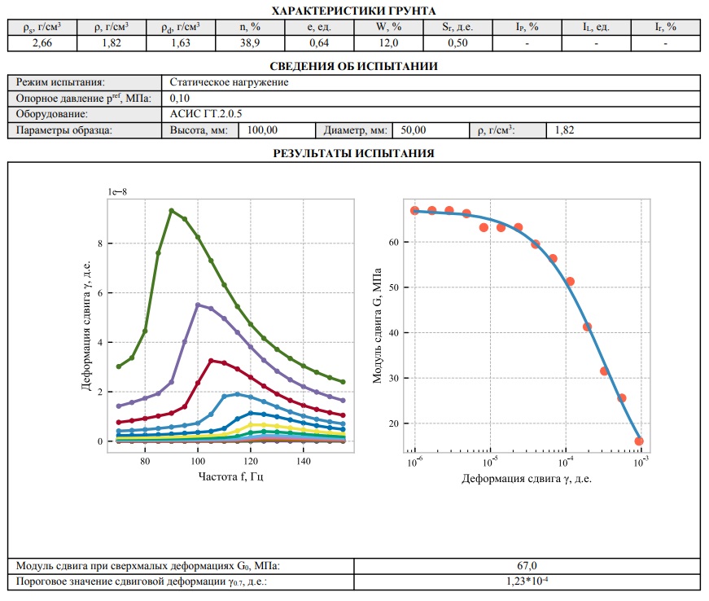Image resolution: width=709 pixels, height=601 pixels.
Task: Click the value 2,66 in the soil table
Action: pyautogui.click(x=41, y=43)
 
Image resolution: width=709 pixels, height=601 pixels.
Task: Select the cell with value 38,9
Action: pyautogui.click(x=249, y=43)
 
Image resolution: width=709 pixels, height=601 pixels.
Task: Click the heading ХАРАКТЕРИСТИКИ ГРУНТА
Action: pyautogui.click(x=353, y=11)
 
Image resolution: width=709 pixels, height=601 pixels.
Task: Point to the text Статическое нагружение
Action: pyautogui.click(x=230, y=82)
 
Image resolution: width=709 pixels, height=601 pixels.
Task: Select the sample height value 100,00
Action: pyautogui.click(x=262, y=130)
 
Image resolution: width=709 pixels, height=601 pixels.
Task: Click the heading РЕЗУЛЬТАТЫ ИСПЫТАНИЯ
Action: pyautogui.click(x=353, y=153)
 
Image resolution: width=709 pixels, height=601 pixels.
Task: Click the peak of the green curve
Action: pyautogui.click(x=171, y=210)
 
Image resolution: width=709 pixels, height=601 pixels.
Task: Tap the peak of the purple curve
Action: pyautogui.click(x=198, y=305)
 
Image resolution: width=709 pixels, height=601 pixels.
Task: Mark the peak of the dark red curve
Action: pyautogui.click(x=211, y=360)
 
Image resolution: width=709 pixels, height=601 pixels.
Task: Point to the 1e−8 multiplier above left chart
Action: pyautogui.click(x=118, y=191)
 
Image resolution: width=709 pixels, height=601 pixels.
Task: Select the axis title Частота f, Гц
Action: pyautogui.click(x=230, y=476)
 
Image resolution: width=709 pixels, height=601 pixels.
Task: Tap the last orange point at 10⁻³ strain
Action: pyautogui.click(x=639, y=441)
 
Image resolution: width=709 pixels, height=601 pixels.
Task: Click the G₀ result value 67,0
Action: pyautogui.click(x=527, y=566)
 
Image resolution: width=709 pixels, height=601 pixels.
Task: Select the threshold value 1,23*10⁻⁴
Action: pyautogui.click(x=527, y=581)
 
